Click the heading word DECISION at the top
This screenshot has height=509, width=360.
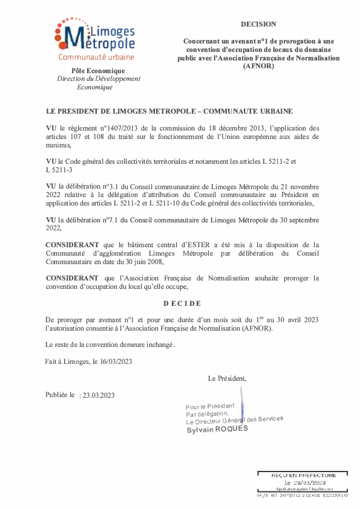(258, 24)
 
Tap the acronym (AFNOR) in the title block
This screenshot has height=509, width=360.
(258, 66)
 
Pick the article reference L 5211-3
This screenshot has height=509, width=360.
(59, 171)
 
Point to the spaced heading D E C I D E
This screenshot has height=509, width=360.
(182, 303)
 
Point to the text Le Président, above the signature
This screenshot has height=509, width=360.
(227, 379)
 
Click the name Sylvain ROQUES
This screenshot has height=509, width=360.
(217, 429)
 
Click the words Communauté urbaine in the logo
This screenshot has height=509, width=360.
(96, 57)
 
